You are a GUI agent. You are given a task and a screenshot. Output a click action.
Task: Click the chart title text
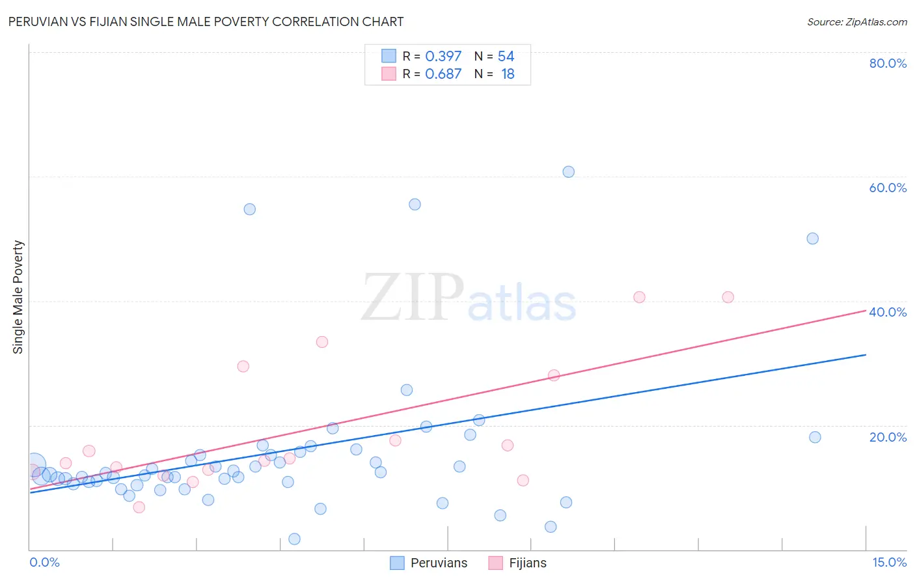tap(206, 21)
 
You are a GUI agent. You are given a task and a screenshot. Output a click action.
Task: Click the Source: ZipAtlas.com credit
tap(856, 21)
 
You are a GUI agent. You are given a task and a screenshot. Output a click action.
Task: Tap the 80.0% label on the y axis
tap(888, 63)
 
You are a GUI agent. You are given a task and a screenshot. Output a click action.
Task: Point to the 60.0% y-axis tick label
tap(888, 188)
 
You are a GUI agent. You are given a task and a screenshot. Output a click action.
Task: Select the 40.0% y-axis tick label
tap(888, 312)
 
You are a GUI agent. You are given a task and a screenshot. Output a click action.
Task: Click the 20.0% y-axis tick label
tap(888, 436)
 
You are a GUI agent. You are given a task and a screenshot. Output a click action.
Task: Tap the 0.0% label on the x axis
tap(45, 562)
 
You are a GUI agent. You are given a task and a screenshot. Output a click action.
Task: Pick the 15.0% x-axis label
tap(889, 562)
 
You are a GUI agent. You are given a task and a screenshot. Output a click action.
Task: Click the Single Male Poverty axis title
tap(18, 297)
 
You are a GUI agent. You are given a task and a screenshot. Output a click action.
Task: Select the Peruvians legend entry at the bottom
tap(430, 563)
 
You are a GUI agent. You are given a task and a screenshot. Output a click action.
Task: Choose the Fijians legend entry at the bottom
tap(518, 563)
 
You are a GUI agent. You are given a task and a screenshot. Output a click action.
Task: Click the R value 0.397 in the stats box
tap(443, 57)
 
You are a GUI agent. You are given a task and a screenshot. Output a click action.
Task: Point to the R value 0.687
tap(443, 74)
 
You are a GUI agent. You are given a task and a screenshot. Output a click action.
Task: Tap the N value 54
tap(506, 57)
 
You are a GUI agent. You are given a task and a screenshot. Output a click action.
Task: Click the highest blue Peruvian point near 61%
tap(568, 172)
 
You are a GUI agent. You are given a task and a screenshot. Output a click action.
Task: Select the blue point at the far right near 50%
tap(812, 238)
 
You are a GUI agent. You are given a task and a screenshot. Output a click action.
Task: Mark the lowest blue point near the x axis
tap(294, 539)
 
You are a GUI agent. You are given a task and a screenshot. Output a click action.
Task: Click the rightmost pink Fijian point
tap(728, 297)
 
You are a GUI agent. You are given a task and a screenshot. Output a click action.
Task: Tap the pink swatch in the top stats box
tap(389, 74)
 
